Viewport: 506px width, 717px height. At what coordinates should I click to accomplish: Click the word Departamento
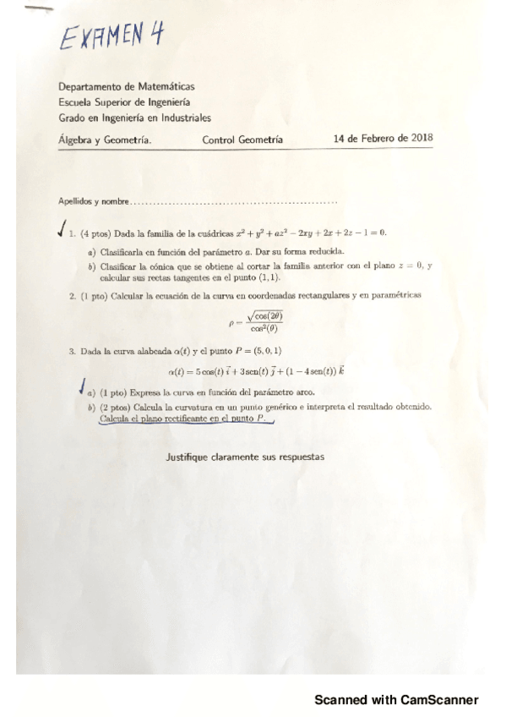[x=90, y=86]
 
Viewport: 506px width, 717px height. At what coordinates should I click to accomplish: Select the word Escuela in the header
[x=75, y=102]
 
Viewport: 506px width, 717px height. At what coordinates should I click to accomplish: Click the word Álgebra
[x=77, y=140]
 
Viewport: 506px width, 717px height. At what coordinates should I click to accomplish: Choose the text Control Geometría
[x=242, y=140]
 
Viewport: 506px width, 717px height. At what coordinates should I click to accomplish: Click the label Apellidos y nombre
[x=94, y=202]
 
